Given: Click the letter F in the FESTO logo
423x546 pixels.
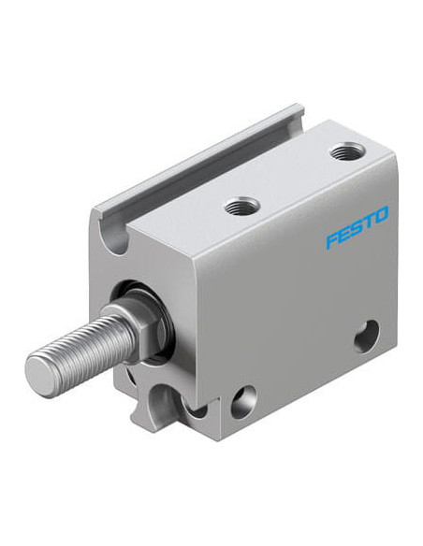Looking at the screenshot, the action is click(332, 241).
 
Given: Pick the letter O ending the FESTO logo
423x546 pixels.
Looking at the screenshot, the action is click(381, 214).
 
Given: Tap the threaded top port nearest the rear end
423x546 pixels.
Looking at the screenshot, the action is click(347, 151).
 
